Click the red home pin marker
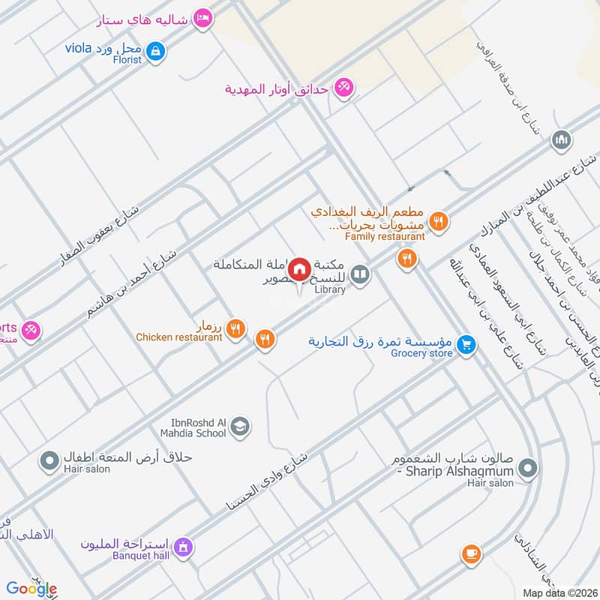click(300, 268)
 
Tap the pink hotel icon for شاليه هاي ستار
click(202, 17)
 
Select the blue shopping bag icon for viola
click(155, 51)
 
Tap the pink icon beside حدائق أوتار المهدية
click(343, 88)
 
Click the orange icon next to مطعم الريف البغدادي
click(440, 220)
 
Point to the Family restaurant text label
click(385, 236)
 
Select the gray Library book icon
click(361, 276)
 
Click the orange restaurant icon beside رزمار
click(235, 327)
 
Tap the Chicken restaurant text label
click(179, 337)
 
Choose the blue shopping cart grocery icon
click(467, 344)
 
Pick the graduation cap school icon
click(240, 427)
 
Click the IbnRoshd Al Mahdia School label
click(193, 427)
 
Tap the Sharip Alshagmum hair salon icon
click(529, 469)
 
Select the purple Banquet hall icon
click(183, 549)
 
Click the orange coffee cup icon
click(471, 553)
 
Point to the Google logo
click(31, 589)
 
